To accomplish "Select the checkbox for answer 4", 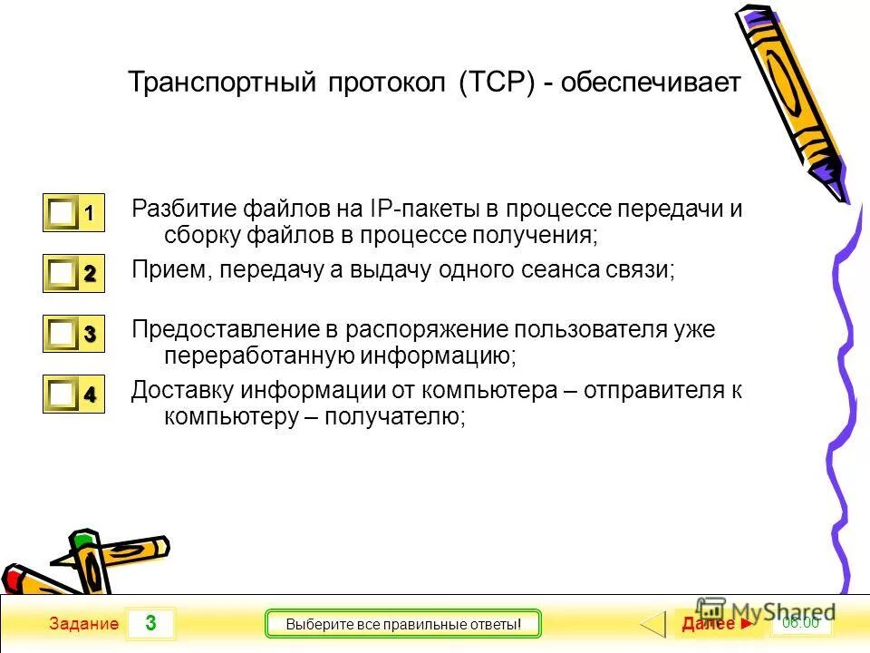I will point(63,395).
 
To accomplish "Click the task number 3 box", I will point(150,623).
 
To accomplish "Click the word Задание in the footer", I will point(84,624).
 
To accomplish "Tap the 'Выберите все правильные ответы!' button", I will point(402,624).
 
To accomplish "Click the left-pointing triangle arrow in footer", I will point(654,624).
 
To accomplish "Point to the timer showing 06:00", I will point(800,622).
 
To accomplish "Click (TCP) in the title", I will point(498,83).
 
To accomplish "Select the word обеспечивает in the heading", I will point(651,83).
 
